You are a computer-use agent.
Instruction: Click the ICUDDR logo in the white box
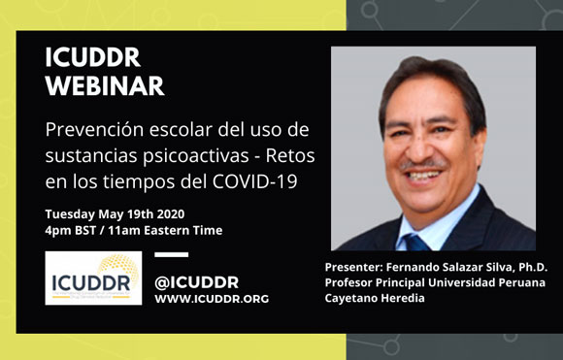93,278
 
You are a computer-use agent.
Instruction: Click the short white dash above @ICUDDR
172,255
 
